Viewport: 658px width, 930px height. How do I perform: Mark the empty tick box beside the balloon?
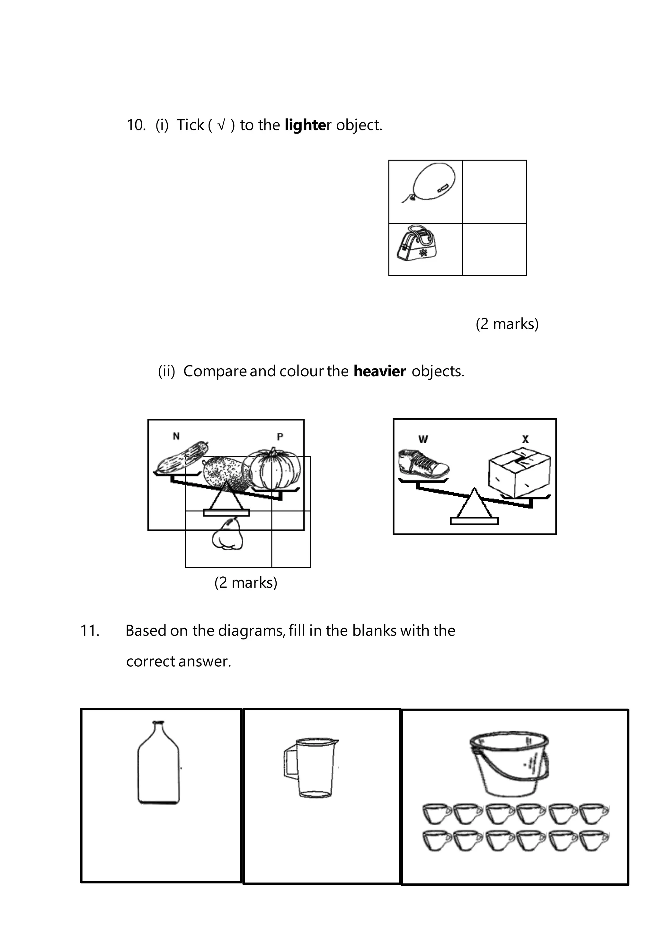click(x=494, y=192)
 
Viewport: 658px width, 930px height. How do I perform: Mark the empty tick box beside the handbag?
click(x=494, y=250)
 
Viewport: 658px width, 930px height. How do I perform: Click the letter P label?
click(x=280, y=437)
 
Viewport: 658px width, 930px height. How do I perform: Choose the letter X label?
click(x=525, y=439)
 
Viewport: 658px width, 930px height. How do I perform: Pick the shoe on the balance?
click(x=422, y=463)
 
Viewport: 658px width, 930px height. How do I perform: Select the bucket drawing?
click(x=510, y=764)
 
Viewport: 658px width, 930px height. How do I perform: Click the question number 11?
click(x=90, y=631)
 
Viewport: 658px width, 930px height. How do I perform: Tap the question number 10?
click(x=136, y=125)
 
